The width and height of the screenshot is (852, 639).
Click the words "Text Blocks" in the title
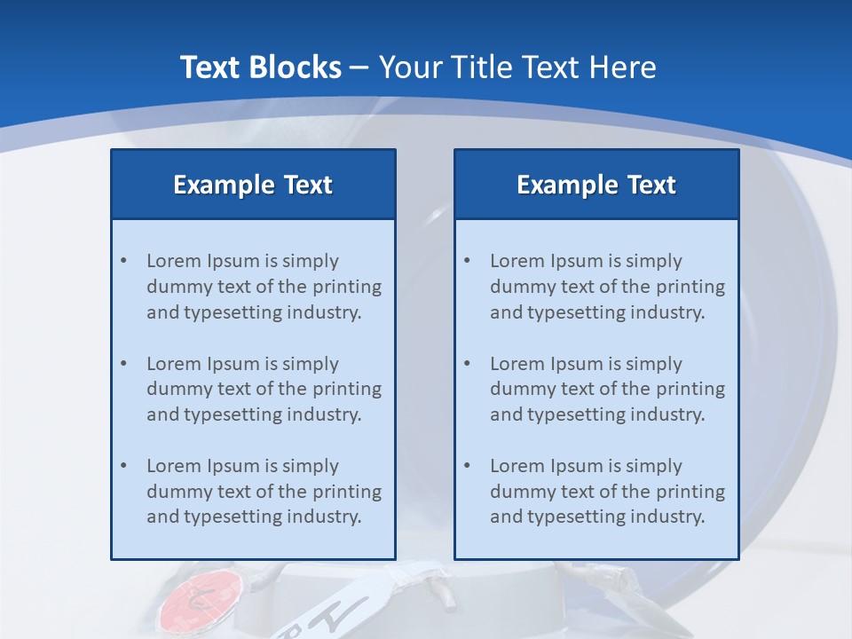point(260,67)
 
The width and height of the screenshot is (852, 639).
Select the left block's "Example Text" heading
point(253,185)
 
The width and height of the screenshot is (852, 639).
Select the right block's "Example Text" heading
point(596,185)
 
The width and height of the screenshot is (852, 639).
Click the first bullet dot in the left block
point(124,261)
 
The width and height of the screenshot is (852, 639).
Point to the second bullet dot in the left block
point(124,364)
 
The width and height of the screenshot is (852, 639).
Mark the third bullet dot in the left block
point(124,466)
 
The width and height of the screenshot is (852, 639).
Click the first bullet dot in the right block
point(468,261)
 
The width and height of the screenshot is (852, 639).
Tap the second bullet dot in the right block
point(468,364)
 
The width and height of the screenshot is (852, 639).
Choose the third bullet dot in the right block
point(468,466)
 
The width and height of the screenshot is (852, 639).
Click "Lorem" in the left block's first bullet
point(173,261)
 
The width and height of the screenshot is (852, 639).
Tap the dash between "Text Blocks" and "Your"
point(359,67)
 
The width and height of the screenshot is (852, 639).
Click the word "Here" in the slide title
point(625,67)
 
